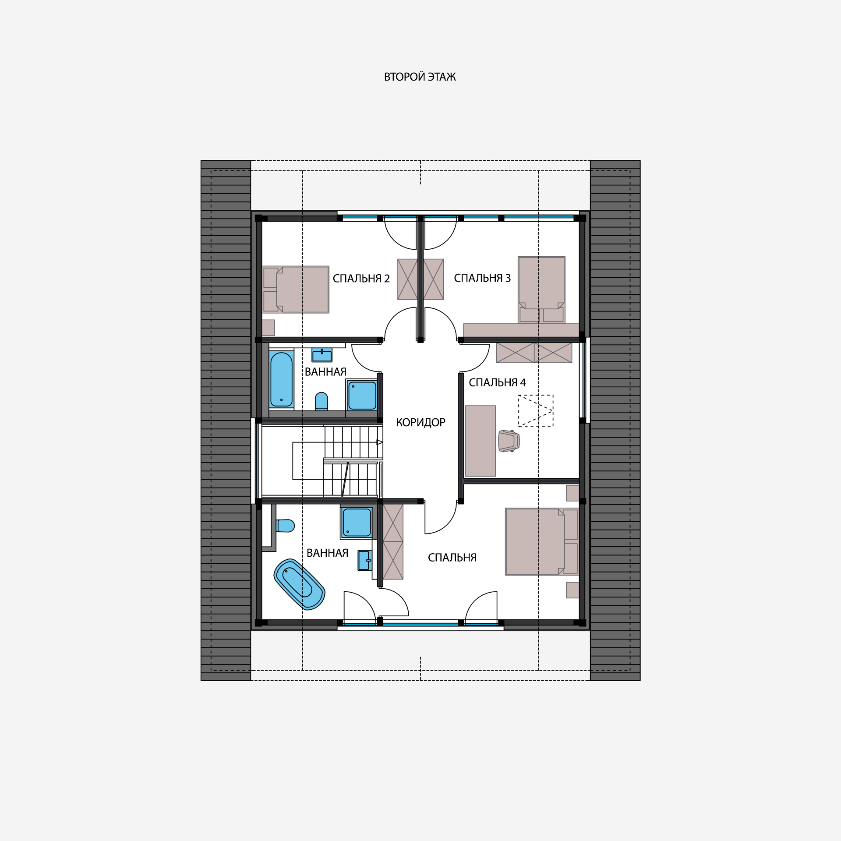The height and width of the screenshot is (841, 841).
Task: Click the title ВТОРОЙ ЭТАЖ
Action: [x=420, y=77]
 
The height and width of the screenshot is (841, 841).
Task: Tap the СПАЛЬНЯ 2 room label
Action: [x=361, y=279]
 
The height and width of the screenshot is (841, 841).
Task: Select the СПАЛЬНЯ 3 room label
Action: [x=482, y=278]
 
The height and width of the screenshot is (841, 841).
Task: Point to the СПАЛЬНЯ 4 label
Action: [x=497, y=383]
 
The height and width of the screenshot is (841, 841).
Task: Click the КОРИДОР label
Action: [x=420, y=423]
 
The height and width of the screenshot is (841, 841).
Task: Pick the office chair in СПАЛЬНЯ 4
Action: [x=509, y=441]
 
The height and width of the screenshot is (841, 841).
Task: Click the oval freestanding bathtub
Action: [x=299, y=584]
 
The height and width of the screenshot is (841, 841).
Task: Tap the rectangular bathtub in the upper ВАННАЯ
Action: [x=281, y=380]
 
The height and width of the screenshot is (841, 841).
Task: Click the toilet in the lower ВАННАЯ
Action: [x=285, y=526]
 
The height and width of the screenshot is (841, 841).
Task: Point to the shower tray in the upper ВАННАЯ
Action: [x=362, y=395]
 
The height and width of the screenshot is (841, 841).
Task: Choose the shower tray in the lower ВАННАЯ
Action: [x=357, y=523]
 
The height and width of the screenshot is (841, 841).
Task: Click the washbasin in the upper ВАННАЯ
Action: [x=322, y=355]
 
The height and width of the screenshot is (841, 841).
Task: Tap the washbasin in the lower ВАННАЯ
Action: [x=365, y=560]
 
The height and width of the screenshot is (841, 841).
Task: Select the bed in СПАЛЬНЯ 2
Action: [x=296, y=290]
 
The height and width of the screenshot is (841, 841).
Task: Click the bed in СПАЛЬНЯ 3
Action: [x=541, y=290]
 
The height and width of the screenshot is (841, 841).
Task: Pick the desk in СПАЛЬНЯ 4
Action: [x=480, y=441]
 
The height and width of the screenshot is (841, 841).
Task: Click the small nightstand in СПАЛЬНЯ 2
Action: [x=269, y=328]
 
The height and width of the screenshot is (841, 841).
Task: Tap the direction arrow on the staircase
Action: [x=380, y=442]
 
